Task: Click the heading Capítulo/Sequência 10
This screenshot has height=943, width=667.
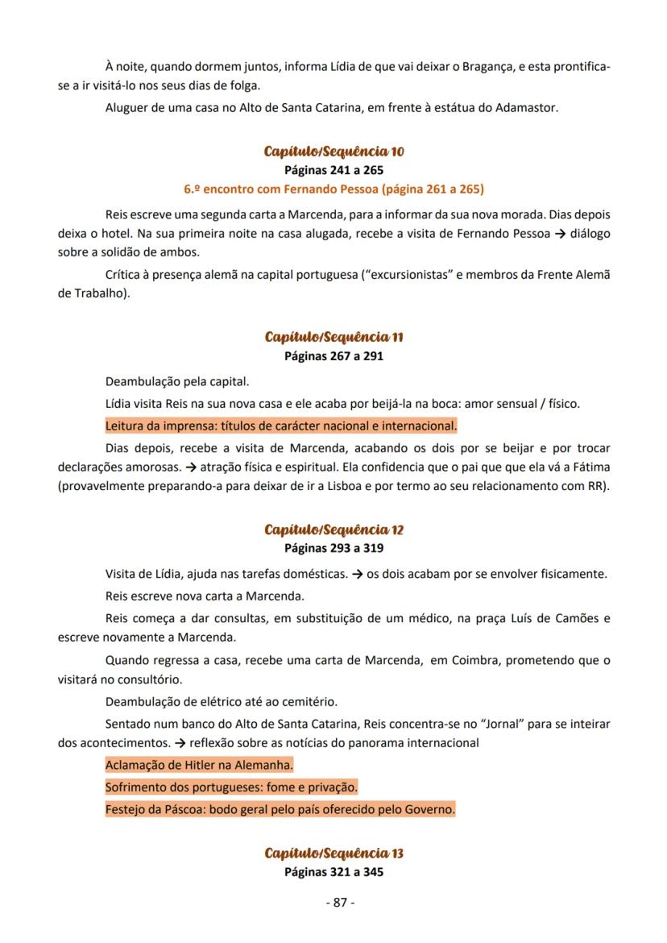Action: pyautogui.click(x=333, y=152)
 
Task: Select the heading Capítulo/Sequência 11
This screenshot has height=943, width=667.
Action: pyautogui.click(x=333, y=337)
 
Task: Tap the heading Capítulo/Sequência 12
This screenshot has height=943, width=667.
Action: pyautogui.click(x=333, y=530)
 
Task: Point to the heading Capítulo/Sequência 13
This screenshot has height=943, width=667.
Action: pyautogui.click(x=333, y=853)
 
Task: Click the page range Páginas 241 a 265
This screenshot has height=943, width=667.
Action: pyautogui.click(x=333, y=170)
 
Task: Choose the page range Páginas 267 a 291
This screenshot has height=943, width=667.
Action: pyautogui.click(x=333, y=355)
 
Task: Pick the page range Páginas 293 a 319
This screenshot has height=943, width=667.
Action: pyautogui.click(x=333, y=548)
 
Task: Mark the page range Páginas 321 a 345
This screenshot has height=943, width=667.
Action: pyautogui.click(x=333, y=871)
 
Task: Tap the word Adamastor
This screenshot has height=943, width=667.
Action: pyautogui.click(x=524, y=107)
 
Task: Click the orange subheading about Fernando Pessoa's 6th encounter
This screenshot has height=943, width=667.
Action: pyautogui.click(x=333, y=189)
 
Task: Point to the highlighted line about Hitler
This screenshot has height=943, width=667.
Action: pyautogui.click(x=199, y=764)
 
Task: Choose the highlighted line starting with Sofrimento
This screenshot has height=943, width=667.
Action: pyautogui.click(x=231, y=787)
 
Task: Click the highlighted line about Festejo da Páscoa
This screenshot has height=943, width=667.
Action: pyautogui.click(x=280, y=809)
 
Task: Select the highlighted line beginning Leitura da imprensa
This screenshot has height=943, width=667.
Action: pyautogui.click(x=280, y=425)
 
